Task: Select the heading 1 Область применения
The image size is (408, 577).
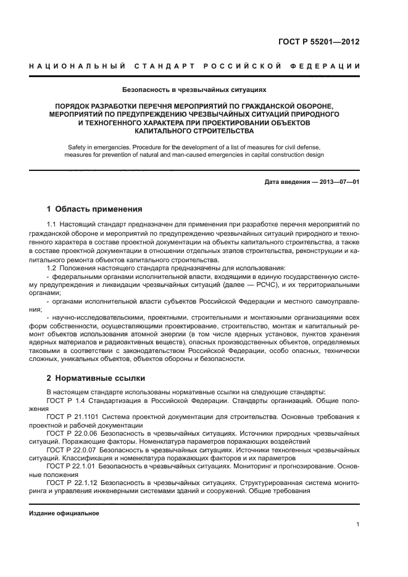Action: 94,209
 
